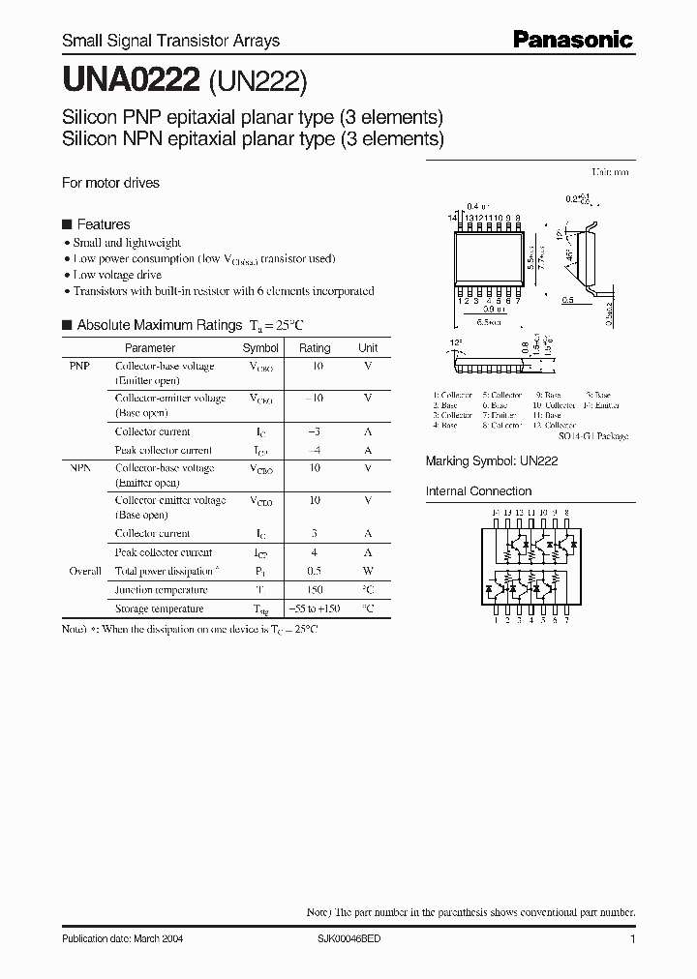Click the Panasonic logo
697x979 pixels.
pyautogui.click(x=572, y=40)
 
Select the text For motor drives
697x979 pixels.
pyautogui.click(x=110, y=183)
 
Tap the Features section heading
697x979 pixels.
pyautogui.click(x=103, y=224)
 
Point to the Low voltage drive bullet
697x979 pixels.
pyautogui.click(x=117, y=275)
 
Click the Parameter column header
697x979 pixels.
pyautogui.click(x=150, y=348)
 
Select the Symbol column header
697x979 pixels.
pyautogui.click(x=260, y=348)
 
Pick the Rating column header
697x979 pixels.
pyautogui.click(x=315, y=348)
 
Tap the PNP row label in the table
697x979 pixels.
pyautogui.click(x=80, y=367)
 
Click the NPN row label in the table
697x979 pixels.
pyautogui.click(x=80, y=468)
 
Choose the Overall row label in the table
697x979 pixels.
pyautogui.click(x=85, y=571)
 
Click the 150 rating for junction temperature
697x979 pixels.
pyautogui.click(x=315, y=590)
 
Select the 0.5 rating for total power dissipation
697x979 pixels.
pyautogui.click(x=315, y=571)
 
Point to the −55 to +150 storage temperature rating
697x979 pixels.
pyautogui.click(x=315, y=609)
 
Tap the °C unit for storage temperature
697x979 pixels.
pyautogui.click(x=368, y=609)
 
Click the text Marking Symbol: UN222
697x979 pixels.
pyautogui.click(x=492, y=462)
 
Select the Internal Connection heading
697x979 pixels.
pyautogui.click(x=479, y=491)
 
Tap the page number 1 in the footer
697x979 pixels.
pyautogui.click(x=632, y=939)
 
